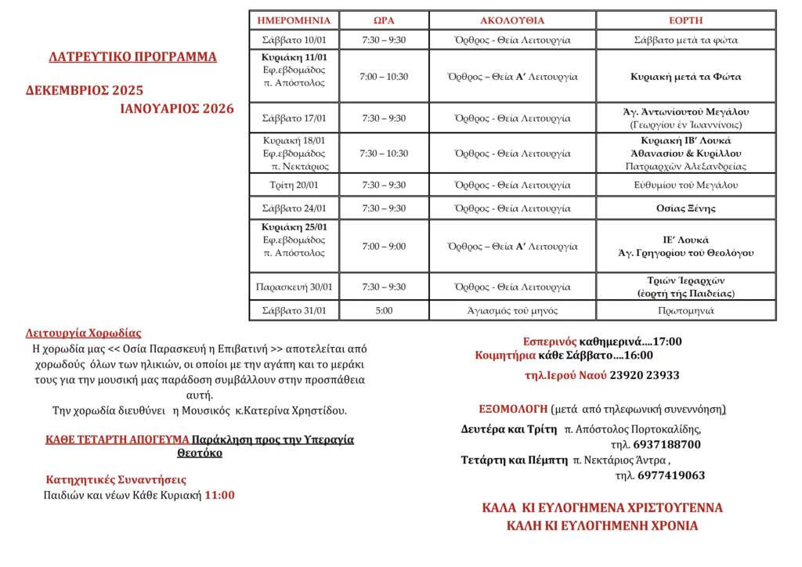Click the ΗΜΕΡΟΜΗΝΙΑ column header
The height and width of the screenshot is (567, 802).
click(294, 20)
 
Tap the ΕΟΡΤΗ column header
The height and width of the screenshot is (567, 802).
click(685, 20)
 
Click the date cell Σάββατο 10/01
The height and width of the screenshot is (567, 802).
click(294, 40)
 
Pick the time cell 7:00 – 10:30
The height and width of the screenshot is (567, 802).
click(384, 77)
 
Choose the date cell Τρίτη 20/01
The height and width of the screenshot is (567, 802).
click(294, 186)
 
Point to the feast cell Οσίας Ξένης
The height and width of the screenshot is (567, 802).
click(685, 209)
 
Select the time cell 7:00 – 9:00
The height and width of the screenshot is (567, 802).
click(384, 247)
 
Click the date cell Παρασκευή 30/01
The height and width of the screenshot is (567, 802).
click(294, 287)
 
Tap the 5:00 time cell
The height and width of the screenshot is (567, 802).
click(384, 311)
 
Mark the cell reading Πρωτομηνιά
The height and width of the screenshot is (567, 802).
click(685, 311)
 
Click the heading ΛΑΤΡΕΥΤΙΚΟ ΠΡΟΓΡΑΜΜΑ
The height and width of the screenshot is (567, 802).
click(132, 57)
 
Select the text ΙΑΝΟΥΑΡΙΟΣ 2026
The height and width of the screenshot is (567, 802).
click(176, 109)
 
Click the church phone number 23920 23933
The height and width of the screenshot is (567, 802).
click(645, 375)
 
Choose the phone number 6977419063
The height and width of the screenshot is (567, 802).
click(671, 475)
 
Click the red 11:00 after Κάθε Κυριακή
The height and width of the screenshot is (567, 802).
click(219, 495)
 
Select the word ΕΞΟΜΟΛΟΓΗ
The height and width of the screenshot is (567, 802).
click(513, 410)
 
